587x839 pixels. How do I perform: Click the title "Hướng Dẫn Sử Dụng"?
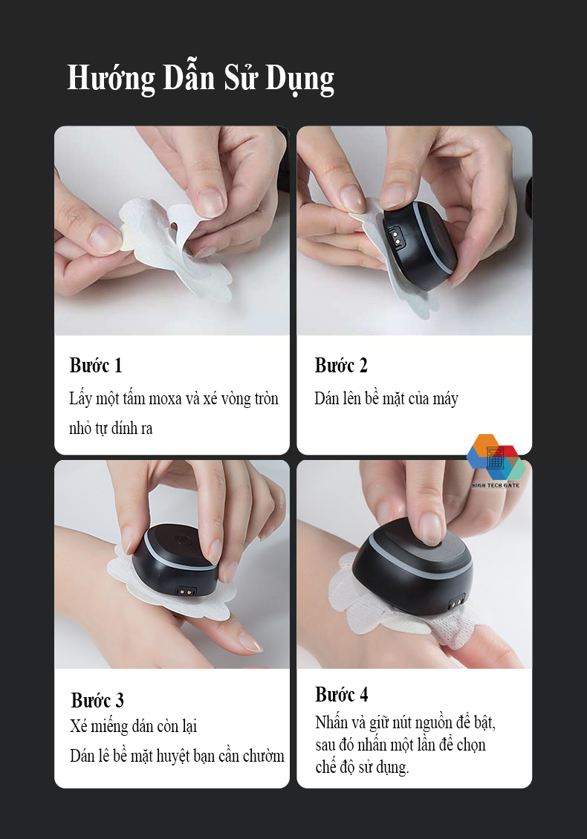[201, 79]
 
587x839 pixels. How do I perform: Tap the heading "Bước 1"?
[96, 366]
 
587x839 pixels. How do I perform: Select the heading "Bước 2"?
[341, 366]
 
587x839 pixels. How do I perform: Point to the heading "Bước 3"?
[97, 701]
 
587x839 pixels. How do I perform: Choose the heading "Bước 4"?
[341, 695]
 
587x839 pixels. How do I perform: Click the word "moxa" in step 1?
[165, 399]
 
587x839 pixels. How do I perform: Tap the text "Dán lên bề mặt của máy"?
[386, 398]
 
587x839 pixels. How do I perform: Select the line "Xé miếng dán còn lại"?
[133, 726]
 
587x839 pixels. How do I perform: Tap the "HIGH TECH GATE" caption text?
[496, 485]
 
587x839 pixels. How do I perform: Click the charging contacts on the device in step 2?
[396, 235]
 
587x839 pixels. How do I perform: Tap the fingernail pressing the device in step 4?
[431, 528]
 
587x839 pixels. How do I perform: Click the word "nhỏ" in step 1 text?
[80, 428]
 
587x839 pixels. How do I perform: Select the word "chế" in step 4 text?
[325, 767]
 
